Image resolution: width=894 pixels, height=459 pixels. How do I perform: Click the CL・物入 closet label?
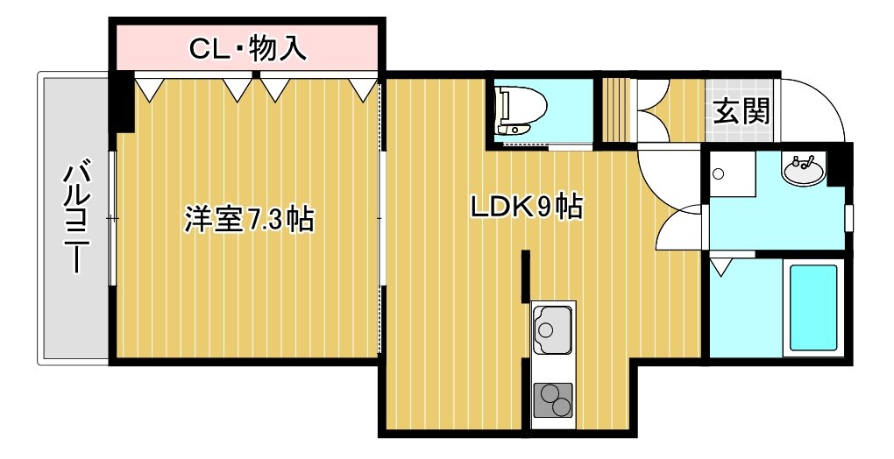(x=248, y=49)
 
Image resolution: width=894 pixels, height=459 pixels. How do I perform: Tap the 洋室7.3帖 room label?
(x=249, y=220)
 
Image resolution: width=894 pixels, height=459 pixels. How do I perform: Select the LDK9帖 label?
(x=526, y=207)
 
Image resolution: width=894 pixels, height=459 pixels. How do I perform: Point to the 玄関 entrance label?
(x=741, y=111)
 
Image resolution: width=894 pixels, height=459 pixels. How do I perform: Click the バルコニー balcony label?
(x=76, y=219)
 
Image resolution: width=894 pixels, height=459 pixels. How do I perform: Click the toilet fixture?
(x=521, y=109)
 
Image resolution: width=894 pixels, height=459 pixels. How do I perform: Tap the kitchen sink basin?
(x=552, y=328)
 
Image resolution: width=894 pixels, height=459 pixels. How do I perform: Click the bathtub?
(x=813, y=308)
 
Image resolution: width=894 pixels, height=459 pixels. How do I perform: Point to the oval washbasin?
(x=803, y=169)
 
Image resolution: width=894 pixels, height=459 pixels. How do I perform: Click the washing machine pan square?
(x=732, y=174)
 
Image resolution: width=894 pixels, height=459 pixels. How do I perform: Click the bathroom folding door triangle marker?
(x=720, y=266)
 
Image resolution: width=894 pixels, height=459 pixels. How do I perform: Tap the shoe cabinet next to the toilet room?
(x=616, y=109)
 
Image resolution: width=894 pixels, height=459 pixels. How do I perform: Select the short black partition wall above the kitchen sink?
(x=526, y=276)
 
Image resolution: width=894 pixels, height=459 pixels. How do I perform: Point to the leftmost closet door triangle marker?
(x=150, y=89)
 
